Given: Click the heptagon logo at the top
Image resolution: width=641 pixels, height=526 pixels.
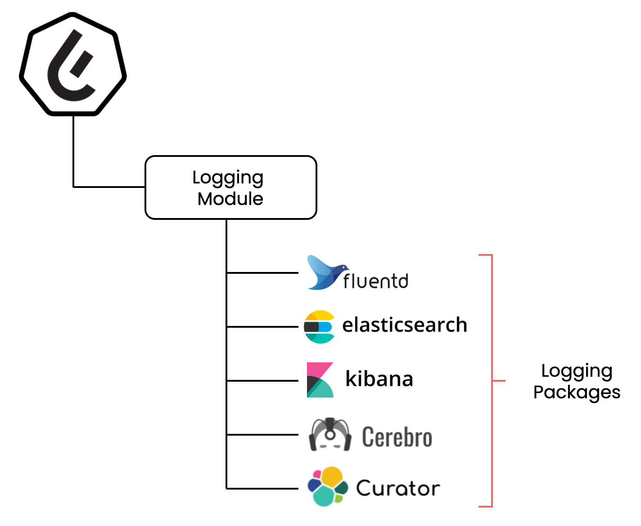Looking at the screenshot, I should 73,64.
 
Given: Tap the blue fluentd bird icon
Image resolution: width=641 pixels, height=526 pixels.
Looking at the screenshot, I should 325,273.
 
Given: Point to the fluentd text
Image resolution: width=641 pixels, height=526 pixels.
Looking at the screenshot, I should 376,281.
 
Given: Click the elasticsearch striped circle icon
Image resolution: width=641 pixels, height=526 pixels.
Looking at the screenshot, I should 319,327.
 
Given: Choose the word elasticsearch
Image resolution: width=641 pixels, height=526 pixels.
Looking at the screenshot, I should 404,325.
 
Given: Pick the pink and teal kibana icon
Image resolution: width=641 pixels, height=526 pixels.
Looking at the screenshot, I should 320,380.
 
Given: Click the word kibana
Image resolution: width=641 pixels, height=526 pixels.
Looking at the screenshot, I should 379,379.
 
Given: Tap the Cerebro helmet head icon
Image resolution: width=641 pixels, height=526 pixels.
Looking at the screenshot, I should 330,435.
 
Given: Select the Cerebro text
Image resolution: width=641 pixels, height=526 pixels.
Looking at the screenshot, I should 397,437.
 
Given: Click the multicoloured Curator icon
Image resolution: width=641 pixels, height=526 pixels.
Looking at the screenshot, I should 327,487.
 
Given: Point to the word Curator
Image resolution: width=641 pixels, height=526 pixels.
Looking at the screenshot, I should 398,489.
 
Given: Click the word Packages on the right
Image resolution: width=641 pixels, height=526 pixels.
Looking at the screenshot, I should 577,392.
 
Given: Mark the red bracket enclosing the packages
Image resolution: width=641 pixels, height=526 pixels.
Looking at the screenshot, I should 492,381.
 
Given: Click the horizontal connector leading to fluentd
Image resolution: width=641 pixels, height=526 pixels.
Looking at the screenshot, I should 262,273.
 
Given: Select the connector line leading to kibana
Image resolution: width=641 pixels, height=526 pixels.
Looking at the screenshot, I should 262,381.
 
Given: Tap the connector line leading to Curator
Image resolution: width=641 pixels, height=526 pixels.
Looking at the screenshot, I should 262,489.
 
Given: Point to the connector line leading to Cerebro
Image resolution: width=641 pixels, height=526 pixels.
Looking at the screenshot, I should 262,435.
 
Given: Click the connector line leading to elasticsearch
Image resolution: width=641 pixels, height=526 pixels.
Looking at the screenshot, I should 262,327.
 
